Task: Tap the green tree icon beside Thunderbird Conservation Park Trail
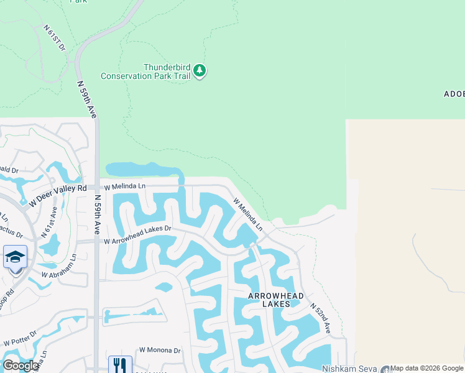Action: click(199, 71)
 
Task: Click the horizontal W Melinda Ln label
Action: click(124, 186)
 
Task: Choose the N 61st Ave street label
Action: click(48, 222)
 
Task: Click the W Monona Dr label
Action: click(160, 351)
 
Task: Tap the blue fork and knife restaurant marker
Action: click(120, 365)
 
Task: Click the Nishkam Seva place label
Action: click(350, 369)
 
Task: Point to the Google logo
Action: click(21, 366)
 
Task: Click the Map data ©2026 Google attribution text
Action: click(426, 368)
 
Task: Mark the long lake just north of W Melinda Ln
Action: click(143, 168)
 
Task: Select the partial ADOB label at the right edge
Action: click(454, 94)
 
